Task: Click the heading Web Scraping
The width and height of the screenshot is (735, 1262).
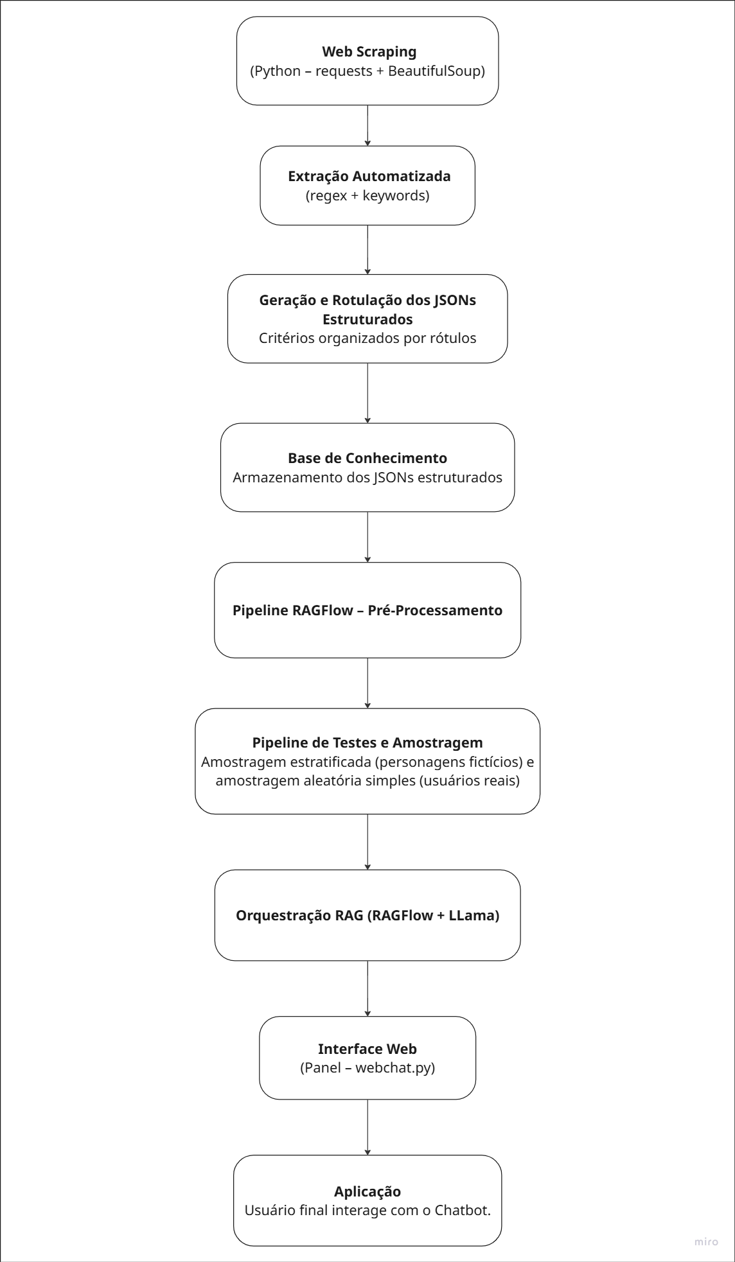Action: [x=369, y=51]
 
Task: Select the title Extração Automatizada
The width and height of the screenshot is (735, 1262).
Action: [x=369, y=176]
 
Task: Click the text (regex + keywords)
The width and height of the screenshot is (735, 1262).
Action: [x=367, y=195]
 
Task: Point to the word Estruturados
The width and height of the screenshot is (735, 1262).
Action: [x=367, y=319]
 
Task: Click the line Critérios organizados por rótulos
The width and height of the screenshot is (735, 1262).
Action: [x=367, y=338]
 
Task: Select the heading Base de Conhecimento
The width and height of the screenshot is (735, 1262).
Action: [x=367, y=458]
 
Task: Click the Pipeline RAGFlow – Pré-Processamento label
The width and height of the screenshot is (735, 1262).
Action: [x=367, y=610]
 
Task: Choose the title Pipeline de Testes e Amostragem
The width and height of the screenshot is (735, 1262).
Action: [x=367, y=742]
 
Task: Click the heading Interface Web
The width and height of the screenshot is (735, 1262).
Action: [x=367, y=1049]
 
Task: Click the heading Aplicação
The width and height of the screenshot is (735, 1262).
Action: [x=367, y=1191]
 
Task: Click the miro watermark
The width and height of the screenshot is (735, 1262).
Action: [x=706, y=1242]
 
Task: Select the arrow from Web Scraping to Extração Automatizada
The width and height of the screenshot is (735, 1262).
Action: [x=367, y=125]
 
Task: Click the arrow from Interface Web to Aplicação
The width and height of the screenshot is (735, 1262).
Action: [x=367, y=1127]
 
